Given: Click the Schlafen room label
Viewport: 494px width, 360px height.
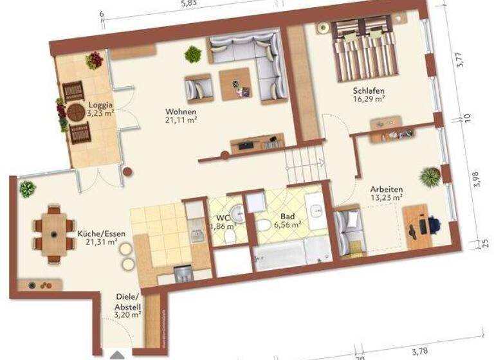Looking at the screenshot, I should tap(369, 91).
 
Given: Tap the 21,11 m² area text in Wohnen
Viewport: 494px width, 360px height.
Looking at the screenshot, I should tap(180, 120).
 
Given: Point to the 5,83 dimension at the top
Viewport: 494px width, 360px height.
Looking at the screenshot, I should tap(190, 4).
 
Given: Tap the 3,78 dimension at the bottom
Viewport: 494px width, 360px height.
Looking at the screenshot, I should tap(419, 350).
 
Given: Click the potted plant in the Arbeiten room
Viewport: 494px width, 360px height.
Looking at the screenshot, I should tap(428, 175).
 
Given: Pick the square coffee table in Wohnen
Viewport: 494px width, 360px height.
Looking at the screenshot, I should tap(234, 84).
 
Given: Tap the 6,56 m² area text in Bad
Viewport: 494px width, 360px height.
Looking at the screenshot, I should tap(287, 225).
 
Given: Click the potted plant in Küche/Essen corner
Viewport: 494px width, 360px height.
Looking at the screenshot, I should tap(27, 189).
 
